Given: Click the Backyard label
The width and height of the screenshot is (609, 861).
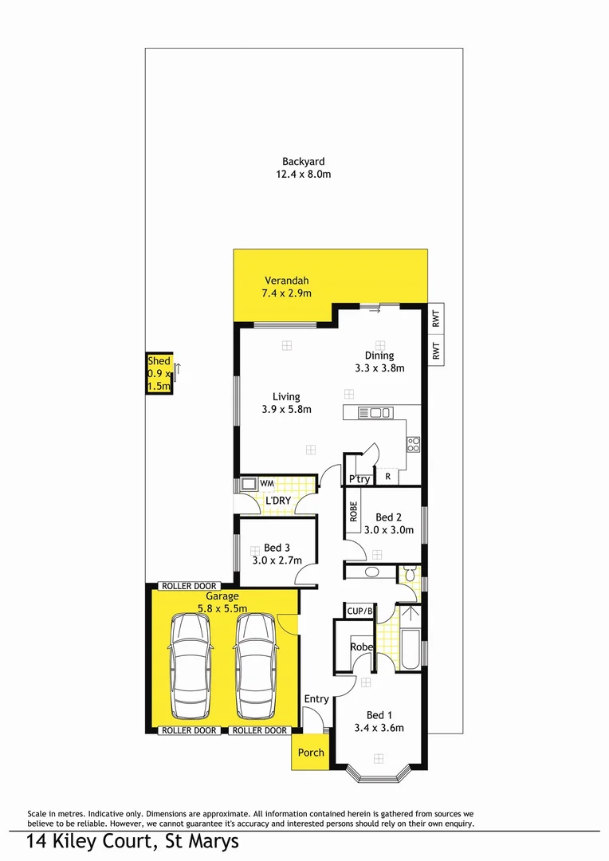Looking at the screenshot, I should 303,167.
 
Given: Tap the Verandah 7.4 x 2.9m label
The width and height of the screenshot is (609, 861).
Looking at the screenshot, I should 286,287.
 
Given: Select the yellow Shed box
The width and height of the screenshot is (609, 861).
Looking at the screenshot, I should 159,374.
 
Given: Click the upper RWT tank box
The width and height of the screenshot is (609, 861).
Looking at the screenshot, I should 436,320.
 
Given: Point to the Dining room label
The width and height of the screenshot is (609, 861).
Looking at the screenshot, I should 379,362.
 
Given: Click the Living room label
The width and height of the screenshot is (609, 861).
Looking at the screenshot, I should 286,403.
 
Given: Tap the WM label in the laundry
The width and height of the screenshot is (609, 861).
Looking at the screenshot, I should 266,483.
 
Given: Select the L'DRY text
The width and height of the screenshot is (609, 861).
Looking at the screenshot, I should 278,500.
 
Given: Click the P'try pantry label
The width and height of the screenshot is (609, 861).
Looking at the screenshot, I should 360,479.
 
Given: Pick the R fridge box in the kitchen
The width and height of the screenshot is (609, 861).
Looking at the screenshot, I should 387,477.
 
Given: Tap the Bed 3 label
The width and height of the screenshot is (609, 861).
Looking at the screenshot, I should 277,554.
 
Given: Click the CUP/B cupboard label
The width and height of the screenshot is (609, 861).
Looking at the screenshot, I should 360,611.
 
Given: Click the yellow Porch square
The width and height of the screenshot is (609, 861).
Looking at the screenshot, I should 311,752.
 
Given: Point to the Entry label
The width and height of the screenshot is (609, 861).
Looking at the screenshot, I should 316,699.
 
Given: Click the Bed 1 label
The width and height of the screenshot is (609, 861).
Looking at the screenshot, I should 379,721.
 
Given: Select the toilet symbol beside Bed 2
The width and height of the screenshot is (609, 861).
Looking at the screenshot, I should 409,573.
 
